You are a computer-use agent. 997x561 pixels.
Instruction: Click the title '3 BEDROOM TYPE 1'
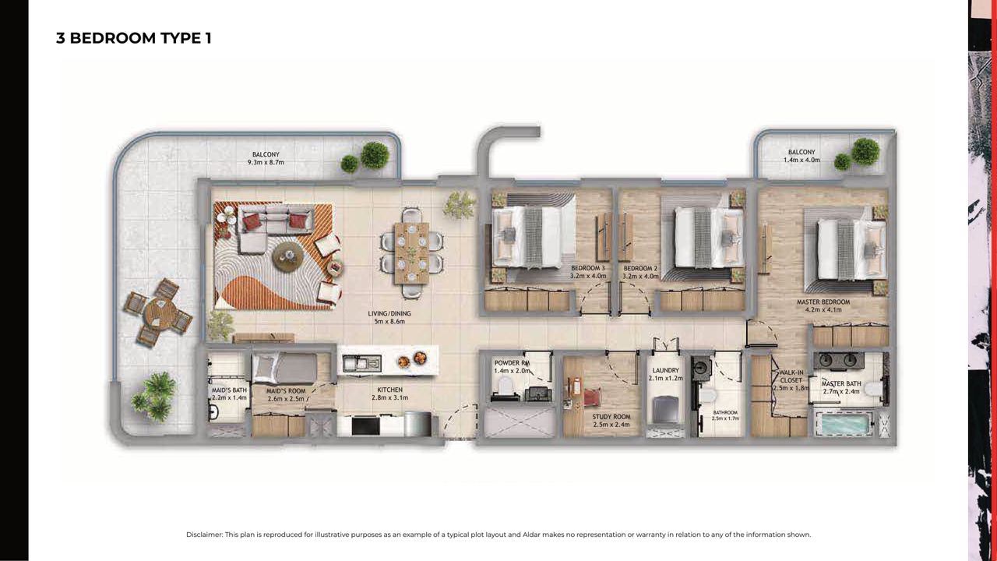coord(133,38)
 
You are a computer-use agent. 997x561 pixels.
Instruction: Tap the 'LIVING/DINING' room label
coord(389,313)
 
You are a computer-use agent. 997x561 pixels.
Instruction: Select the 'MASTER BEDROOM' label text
coord(823,302)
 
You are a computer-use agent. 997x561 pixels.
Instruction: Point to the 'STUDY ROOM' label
coord(611,417)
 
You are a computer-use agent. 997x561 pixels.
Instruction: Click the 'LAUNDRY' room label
coord(665,370)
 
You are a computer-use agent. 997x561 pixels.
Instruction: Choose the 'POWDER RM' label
coord(512,363)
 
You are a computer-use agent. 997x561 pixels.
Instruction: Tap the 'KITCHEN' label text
coord(390,390)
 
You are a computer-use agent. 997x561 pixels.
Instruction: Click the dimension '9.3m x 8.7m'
coord(266,163)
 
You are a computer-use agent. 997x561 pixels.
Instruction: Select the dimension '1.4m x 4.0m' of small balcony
coord(801,160)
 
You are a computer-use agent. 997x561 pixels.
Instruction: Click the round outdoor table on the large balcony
coord(158,311)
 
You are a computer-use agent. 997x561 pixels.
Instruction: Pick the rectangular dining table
coord(411,253)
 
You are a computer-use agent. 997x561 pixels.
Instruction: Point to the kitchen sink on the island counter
coord(361,364)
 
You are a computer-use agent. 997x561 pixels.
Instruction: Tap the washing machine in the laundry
coord(665,411)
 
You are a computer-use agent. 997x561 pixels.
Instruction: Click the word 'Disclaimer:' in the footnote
coord(204,535)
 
